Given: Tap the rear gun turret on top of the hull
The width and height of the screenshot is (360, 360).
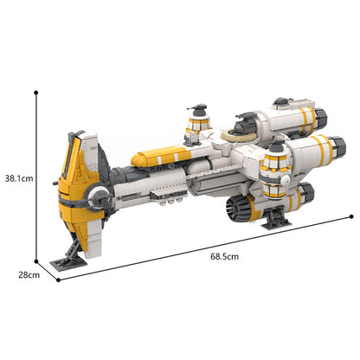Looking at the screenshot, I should [x=196, y=124].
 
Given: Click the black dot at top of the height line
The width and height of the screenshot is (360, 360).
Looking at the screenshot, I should [x=36, y=89].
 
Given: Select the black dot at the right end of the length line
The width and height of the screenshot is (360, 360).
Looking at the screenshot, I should [x=351, y=216].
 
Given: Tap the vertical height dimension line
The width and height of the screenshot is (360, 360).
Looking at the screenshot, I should [x=36, y=173].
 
